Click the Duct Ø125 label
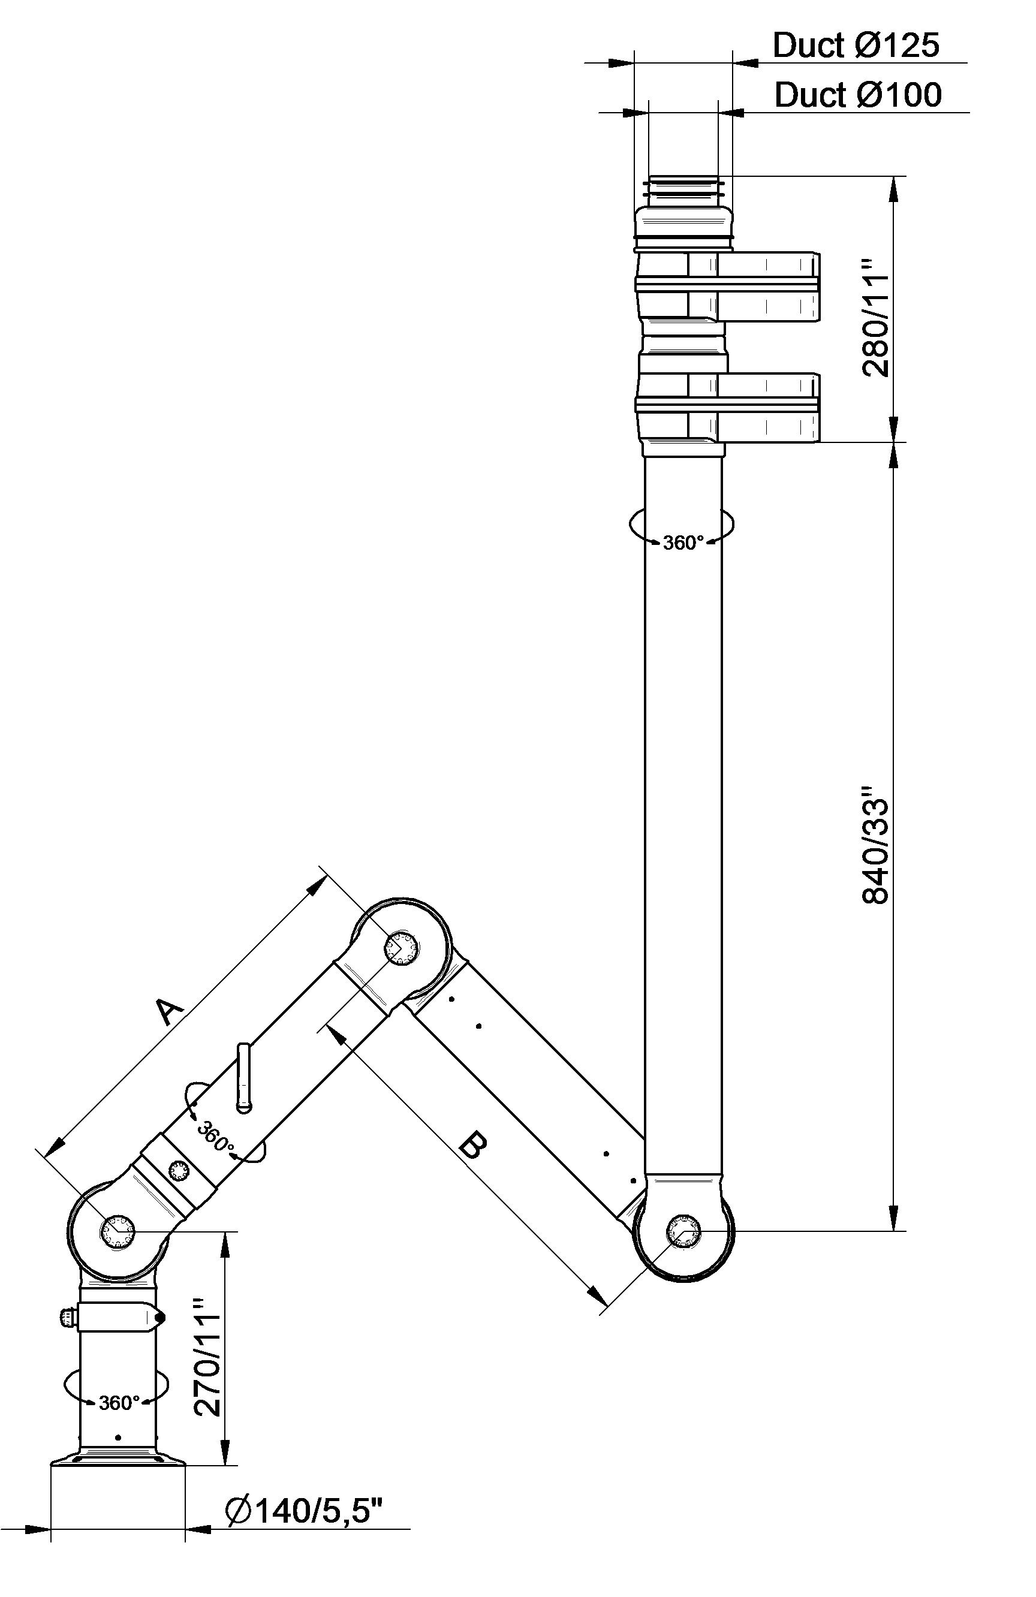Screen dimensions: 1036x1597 (856, 45)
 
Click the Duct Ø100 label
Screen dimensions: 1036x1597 (858, 95)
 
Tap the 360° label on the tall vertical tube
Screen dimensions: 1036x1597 (683, 543)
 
